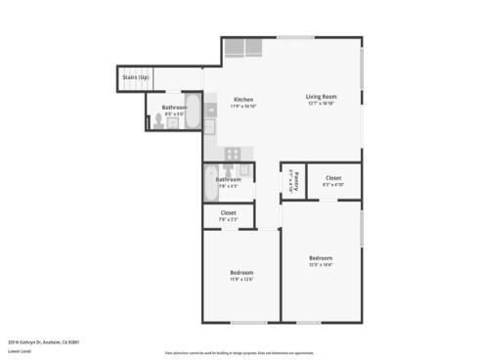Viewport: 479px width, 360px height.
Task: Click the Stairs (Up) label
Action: tap(136, 77)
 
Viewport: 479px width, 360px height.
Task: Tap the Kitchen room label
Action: tap(242, 99)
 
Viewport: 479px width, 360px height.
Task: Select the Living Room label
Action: tap(321, 97)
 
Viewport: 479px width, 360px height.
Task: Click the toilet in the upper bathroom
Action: tap(159, 122)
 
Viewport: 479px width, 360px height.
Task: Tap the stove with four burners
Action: tap(233, 153)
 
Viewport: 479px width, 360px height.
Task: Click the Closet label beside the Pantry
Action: tap(333, 177)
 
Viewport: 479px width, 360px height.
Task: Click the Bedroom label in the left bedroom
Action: tap(241, 272)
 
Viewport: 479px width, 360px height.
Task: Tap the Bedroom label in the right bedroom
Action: tap(320, 257)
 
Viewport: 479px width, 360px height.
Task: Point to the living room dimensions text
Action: tap(321, 105)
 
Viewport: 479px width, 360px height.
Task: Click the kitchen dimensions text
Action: tap(242, 107)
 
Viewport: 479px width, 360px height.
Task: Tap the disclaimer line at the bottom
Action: tap(239, 352)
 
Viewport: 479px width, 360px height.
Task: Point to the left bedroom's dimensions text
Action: tap(241, 280)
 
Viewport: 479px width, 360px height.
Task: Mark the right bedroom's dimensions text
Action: tap(320, 265)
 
